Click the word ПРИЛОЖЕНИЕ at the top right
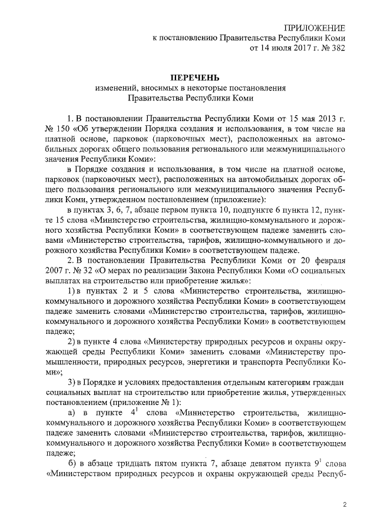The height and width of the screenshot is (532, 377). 315,28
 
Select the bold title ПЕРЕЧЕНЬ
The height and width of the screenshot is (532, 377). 190,78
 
